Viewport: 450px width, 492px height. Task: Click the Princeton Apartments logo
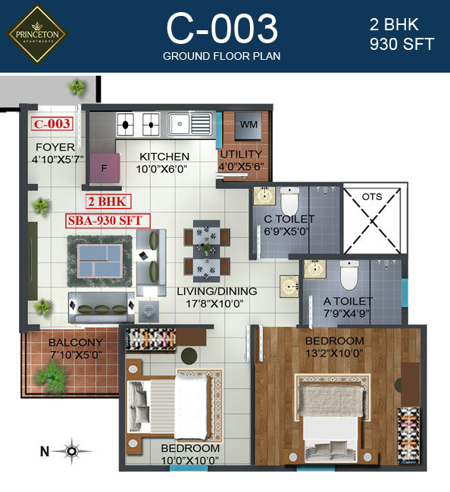[37, 34]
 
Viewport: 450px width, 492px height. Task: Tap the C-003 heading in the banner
[222, 30]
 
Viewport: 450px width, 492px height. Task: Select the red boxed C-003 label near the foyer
[52, 123]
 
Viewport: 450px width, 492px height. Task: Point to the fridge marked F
[104, 168]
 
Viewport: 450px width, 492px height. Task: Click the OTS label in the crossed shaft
[371, 196]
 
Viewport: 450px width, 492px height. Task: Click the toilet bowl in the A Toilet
[349, 277]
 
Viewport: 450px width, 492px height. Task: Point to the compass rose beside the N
[72, 452]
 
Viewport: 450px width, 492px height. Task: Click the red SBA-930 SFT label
[108, 220]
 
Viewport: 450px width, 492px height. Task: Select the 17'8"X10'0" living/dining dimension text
[218, 305]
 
